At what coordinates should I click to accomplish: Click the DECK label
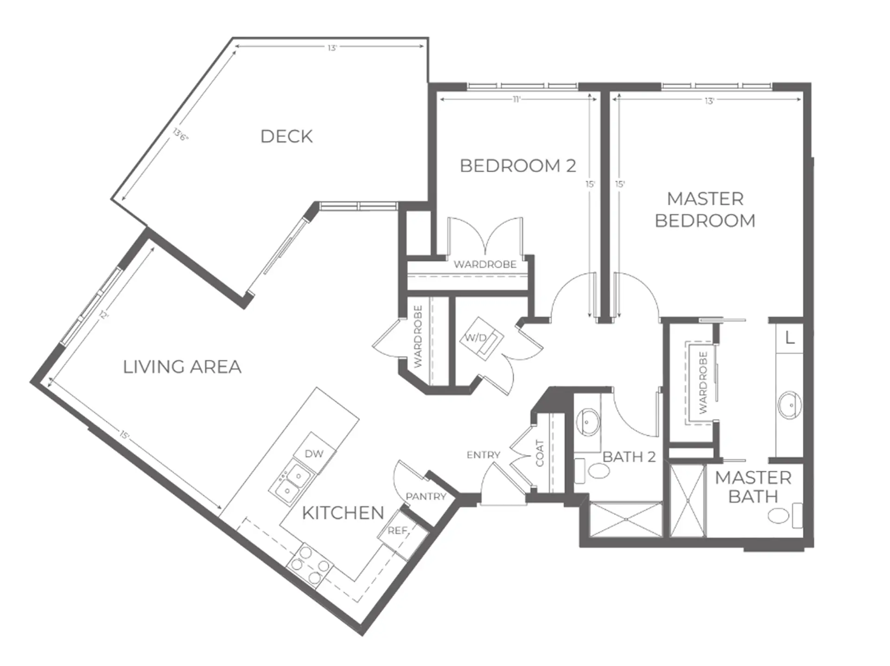coord(286,136)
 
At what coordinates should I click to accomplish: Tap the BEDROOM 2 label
coord(518,165)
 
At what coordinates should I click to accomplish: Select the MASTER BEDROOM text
coord(705,209)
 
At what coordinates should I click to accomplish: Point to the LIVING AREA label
coord(182,367)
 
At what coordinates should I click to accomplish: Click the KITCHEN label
coord(343,513)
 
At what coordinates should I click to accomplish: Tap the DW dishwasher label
coord(314,454)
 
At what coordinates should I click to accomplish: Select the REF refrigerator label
coord(397,530)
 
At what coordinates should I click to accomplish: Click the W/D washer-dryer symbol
coord(481,337)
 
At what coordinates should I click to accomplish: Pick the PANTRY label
coord(426,496)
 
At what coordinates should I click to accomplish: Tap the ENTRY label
coord(483,455)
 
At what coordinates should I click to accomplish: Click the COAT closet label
coord(540,453)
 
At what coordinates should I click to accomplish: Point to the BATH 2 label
coord(629,457)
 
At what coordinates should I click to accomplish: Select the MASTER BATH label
coord(753,487)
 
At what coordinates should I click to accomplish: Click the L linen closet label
coord(790,338)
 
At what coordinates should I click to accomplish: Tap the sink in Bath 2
coord(588,422)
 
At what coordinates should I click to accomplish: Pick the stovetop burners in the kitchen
coord(310,565)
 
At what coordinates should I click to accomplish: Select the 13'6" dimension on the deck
coord(181,134)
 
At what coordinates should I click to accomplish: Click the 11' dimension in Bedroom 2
coord(517,99)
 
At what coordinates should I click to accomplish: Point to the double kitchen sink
coord(292,482)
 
